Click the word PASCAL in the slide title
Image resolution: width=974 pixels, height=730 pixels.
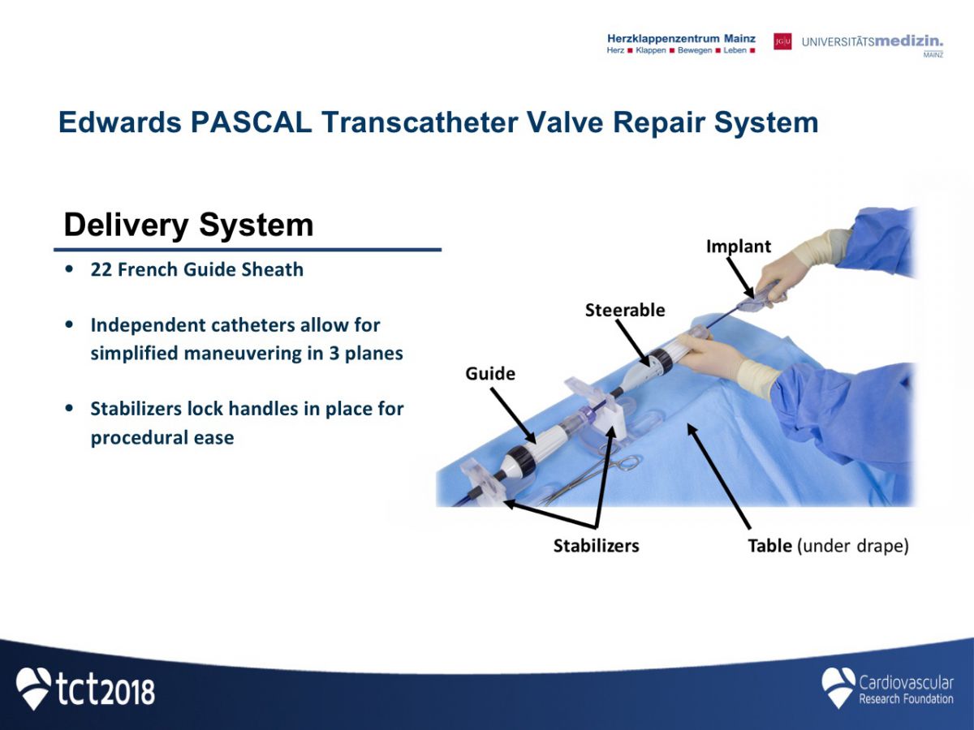click(x=251, y=122)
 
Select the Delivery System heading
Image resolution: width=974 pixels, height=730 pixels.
click(x=188, y=225)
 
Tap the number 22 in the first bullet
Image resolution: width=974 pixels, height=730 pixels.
click(x=101, y=269)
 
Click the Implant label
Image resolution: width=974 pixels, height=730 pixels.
click(x=739, y=247)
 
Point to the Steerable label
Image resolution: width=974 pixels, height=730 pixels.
click(x=625, y=311)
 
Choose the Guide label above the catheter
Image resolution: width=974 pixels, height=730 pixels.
click(x=490, y=374)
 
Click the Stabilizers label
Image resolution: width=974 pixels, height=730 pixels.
click(x=596, y=546)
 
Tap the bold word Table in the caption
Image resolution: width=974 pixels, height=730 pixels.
click(x=770, y=546)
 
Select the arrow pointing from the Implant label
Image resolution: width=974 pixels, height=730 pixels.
click(x=739, y=278)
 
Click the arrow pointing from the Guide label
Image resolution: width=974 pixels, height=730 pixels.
click(x=512, y=415)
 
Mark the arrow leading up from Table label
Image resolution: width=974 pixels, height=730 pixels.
click(x=718, y=475)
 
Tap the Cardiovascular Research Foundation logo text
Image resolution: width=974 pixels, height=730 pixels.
click(x=906, y=689)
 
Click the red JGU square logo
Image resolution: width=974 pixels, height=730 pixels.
click(x=782, y=41)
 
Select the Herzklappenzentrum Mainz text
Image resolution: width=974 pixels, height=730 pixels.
click(x=681, y=39)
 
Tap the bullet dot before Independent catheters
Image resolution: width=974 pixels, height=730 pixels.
click(x=69, y=324)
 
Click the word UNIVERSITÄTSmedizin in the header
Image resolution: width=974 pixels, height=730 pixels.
click(x=873, y=41)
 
